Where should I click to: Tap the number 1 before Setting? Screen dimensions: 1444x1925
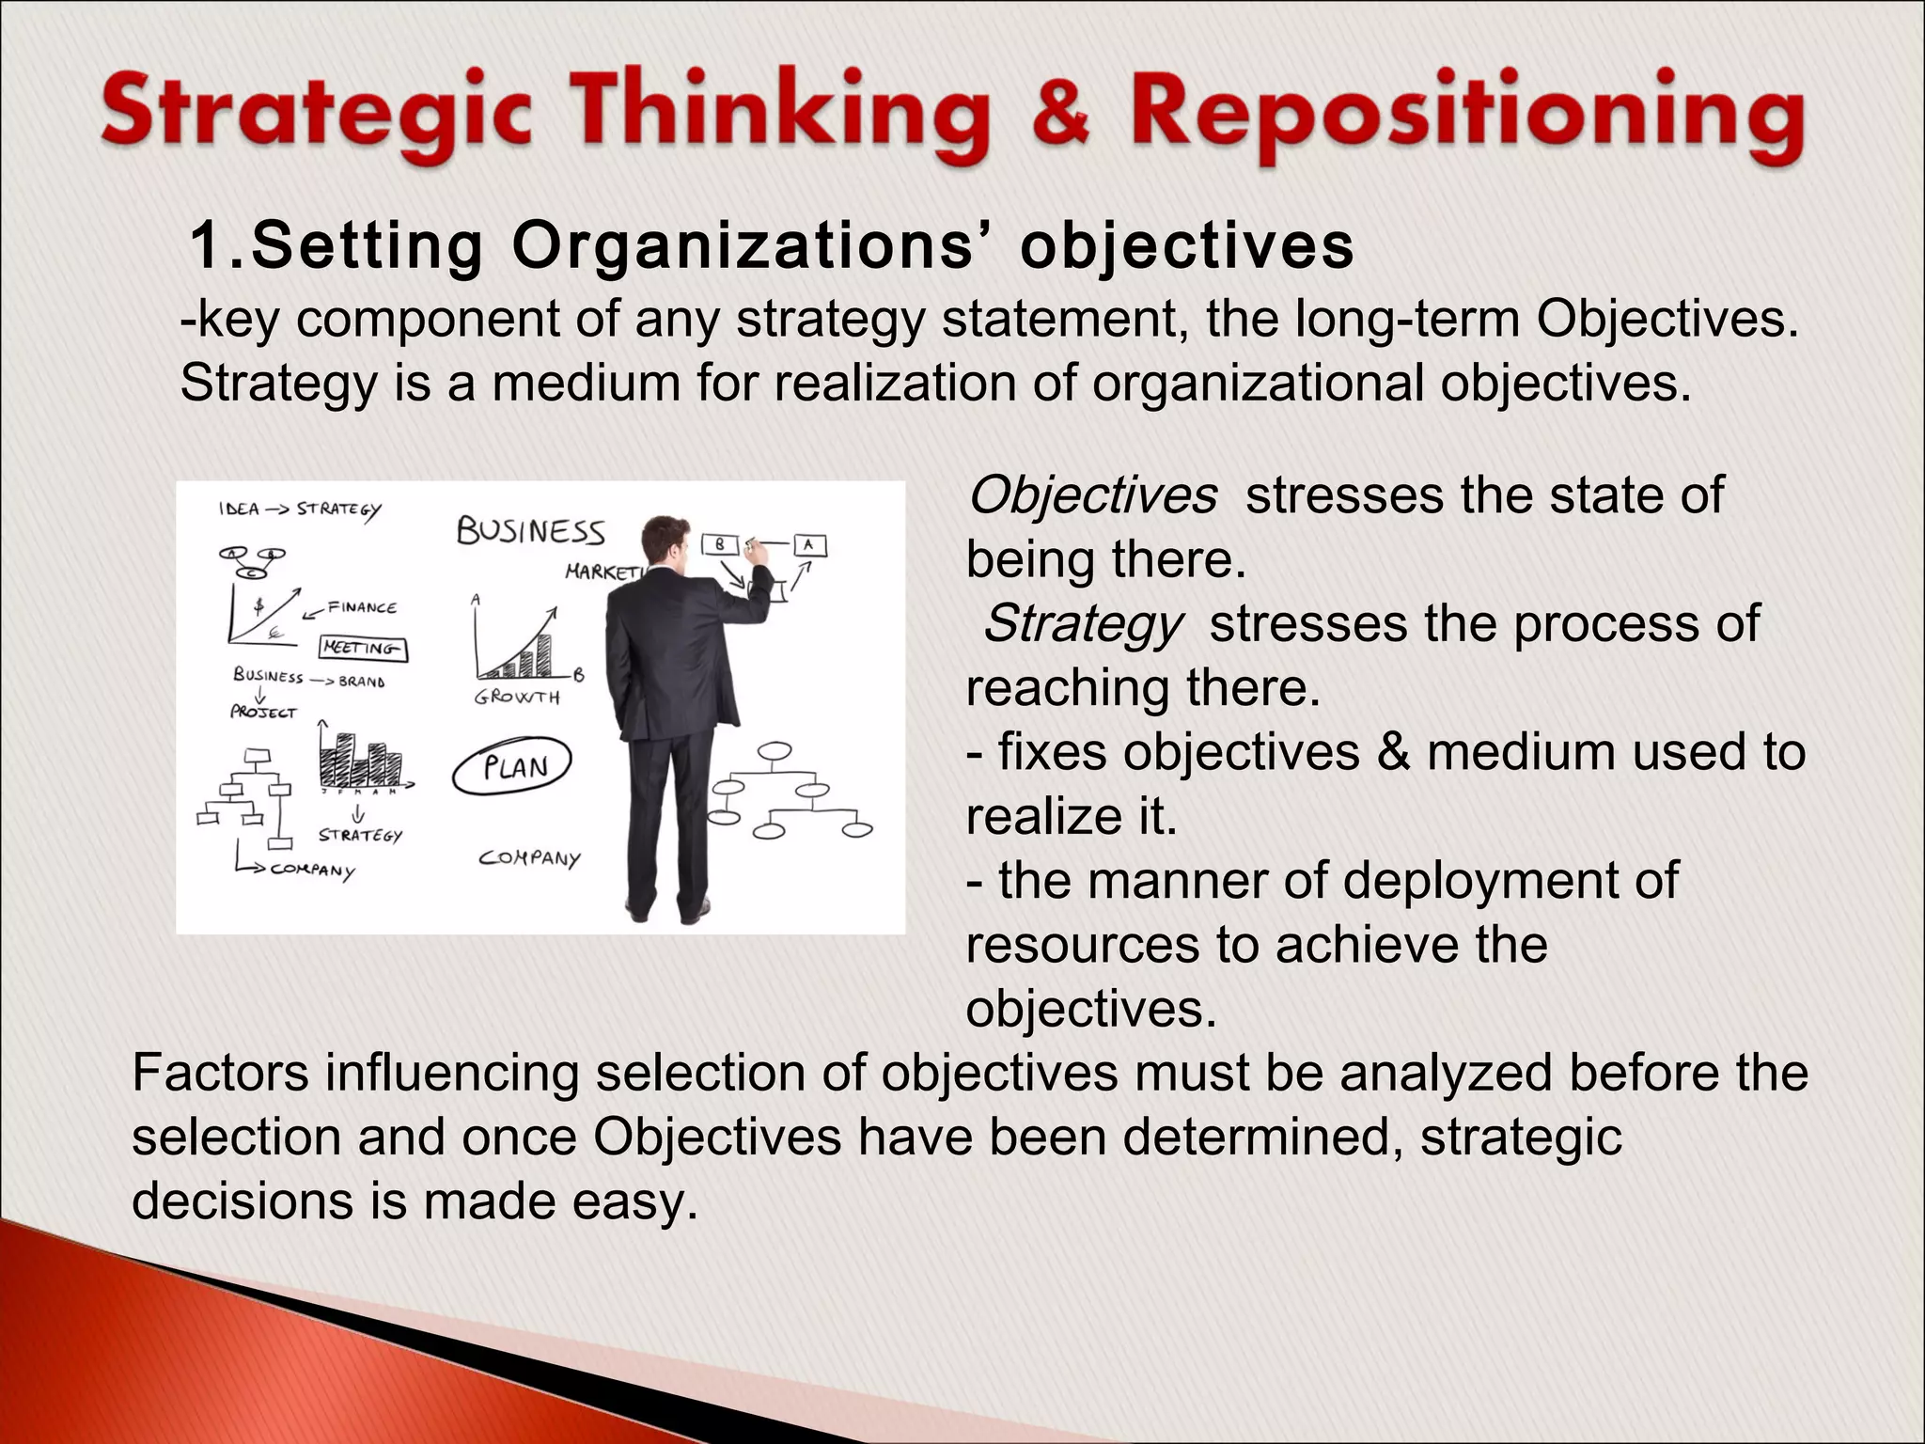(x=206, y=246)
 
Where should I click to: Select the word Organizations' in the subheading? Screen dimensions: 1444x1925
(x=756, y=246)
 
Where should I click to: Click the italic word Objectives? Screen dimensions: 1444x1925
(x=1092, y=495)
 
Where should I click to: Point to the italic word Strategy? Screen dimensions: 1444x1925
(x=1082, y=624)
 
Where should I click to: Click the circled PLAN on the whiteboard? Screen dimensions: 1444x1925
(x=513, y=768)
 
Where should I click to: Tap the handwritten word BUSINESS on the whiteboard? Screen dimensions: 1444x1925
(x=530, y=532)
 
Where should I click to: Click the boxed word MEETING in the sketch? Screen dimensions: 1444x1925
(x=364, y=648)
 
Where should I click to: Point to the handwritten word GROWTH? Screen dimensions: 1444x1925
(x=517, y=698)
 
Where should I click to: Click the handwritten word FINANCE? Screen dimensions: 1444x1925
(x=362, y=607)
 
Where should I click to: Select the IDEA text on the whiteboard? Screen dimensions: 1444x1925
(x=239, y=509)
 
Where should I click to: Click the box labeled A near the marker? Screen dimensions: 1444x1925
(x=809, y=544)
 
